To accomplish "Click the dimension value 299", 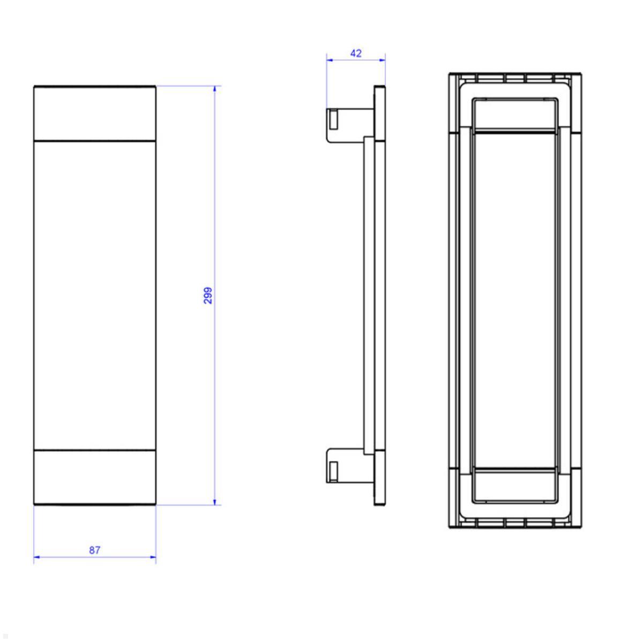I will (208, 295).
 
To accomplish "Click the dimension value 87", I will (95, 550).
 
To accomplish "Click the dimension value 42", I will (356, 53).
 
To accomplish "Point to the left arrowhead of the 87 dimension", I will (37, 558).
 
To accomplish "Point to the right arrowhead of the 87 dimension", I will (153, 558).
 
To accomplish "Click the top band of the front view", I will (95, 113).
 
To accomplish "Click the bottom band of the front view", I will (95, 477).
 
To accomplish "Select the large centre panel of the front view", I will (95, 295).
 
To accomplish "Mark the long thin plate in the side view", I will (369, 295).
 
